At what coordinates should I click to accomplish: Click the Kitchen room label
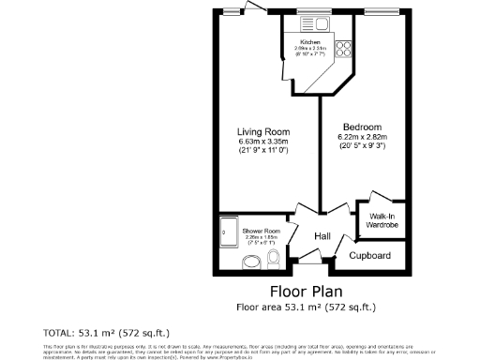point(310,43)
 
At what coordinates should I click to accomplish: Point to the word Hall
point(323,237)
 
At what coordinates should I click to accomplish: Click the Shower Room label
point(262,231)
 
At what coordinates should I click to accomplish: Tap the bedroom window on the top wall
point(382,12)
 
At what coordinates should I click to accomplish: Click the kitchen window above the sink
point(309,12)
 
